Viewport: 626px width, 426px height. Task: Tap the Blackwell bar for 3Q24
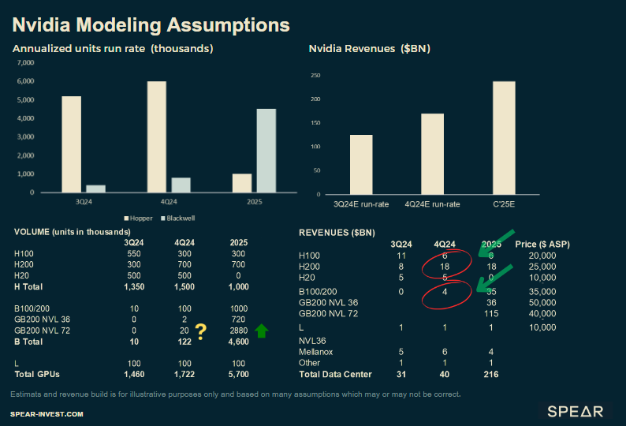(95, 189)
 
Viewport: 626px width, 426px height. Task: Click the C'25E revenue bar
(504, 138)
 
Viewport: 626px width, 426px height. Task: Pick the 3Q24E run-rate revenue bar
(361, 164)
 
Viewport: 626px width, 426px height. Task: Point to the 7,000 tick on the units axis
(25, 62)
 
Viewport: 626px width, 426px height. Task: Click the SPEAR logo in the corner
(576, 411)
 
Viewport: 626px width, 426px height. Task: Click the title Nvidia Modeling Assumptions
(150, 24)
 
